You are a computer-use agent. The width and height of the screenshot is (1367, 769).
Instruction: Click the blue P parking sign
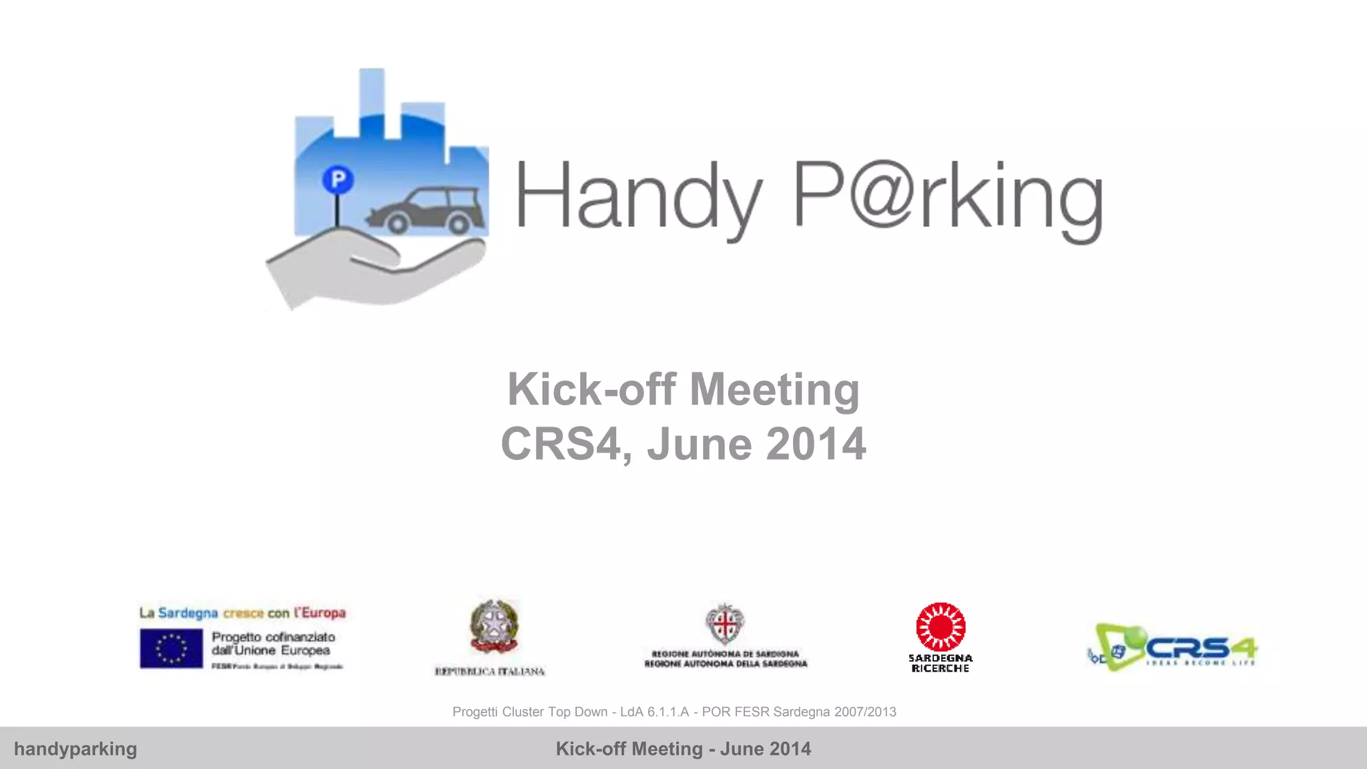[338, 179]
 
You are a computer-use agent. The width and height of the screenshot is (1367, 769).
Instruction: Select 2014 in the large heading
[816, 444]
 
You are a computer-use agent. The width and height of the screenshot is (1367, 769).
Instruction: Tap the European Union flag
[171, 648]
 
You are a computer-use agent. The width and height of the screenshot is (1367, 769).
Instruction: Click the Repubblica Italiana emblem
[494, 627]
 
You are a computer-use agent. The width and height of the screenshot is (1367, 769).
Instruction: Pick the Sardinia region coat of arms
[725, 623]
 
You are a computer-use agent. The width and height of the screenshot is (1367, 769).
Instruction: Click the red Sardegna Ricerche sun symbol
[940, 627]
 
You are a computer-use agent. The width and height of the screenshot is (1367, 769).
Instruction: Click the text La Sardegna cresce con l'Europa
[242, 613]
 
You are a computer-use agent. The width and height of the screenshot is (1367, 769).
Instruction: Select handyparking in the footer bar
[75, 749]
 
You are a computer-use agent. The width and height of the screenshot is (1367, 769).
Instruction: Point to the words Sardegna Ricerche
[940, 663]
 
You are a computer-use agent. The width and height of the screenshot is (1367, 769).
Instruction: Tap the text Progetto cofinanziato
[273, 637]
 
